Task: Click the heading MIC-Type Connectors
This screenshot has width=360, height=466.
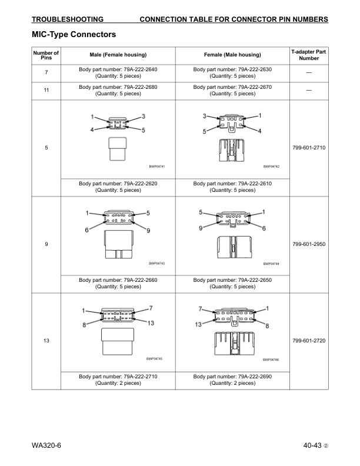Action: point(74,35)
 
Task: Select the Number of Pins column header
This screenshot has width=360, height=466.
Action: point(46,55)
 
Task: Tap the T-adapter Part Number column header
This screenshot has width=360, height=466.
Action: point(309,55)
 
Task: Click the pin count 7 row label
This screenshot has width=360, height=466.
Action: point(46,72)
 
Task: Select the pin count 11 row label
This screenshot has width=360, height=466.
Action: point(46,90)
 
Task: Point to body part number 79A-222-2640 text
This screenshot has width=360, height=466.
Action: point(118,69)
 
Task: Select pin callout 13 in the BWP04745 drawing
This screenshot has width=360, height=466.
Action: point(151,323)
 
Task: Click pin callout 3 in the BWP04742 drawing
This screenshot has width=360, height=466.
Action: point(205,116)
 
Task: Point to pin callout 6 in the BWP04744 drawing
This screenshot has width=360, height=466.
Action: point(264,228)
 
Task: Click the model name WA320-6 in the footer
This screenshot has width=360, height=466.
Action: point(46,445)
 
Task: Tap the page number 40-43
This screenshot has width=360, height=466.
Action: point(309,445)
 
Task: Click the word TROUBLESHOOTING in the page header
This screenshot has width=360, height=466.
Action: point(68,19)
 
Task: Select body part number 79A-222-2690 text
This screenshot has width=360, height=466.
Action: point(232,376)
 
